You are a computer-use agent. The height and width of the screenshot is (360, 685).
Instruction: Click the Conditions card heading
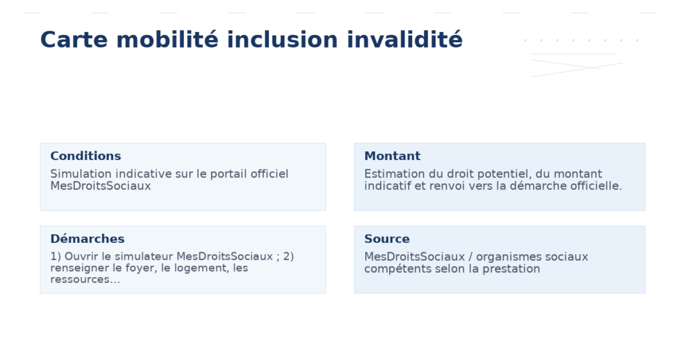pyautogui.click(x=86, y=156)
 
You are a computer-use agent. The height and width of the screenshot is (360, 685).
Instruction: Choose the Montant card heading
pyautogui.click(x=392, y=156)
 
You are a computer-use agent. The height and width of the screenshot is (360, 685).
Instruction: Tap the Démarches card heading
pyautogui.click(x=87, y=239)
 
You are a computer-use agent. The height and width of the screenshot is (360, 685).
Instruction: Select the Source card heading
pyautogui.click(x=387, y=239)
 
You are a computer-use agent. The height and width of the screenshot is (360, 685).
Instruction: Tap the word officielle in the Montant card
pyautogui.click(x=594, y=186)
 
